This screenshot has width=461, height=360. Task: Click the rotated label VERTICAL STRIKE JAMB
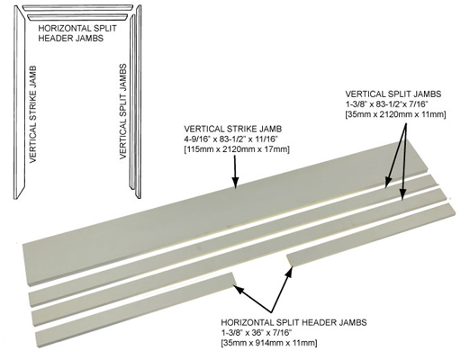(x=32, y=114)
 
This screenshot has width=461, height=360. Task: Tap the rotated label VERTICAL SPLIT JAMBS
(x=123, y=112)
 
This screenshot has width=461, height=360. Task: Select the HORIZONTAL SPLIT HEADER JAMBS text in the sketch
(x=77, y=33)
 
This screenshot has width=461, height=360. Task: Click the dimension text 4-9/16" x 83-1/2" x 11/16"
(x=231, y=139)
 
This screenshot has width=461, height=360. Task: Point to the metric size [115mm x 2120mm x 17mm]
(x=237, y=149)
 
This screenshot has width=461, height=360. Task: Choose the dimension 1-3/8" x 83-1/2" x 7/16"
(x=386, y=104)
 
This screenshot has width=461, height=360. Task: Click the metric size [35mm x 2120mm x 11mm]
(x=395, y=114)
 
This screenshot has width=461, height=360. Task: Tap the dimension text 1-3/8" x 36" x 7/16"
(x=257, y=333)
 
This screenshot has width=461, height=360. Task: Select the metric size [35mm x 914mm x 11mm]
(x=269, y=343)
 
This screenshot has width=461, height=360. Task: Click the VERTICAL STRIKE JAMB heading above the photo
(x=233, y=129)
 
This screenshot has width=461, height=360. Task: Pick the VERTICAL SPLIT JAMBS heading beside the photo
(x=393, y=94)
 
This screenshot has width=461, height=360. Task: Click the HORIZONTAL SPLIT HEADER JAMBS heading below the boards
(x=294, y=322)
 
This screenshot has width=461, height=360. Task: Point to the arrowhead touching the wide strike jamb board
(x=235, y=183)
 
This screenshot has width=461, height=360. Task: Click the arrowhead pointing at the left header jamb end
(x=239, y=289)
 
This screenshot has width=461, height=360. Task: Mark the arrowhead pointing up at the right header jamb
(x=289, y=272)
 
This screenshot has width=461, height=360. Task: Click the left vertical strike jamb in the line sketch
(x=19, y=102)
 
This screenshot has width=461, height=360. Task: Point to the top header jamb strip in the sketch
(x=78, y=7)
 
